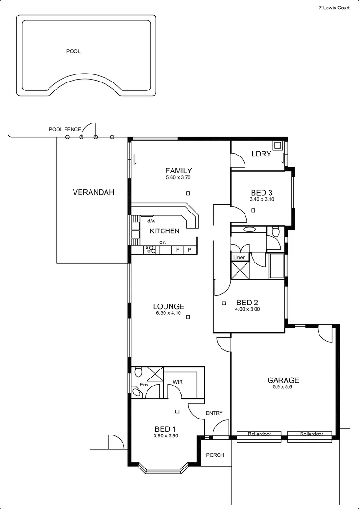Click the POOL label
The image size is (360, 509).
[73, 51]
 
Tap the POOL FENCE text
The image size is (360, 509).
[65, 129]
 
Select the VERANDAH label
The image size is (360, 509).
[93, 192]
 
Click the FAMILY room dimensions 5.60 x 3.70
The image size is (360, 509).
[178, 178]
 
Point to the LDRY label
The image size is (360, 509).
[261, 154]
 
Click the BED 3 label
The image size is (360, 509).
[262, 192]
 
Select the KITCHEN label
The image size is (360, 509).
[164, 231]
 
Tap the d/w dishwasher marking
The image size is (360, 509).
[151, 221]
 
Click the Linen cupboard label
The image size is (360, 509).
[239, 257]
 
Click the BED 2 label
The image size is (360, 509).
[247, 303]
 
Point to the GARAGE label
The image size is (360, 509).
[283, 380]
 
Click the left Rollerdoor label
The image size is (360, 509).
[259, 434]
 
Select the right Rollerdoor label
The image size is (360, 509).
[311, 434]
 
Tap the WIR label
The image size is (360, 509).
[178, 382]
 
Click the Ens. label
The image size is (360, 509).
[144, 385]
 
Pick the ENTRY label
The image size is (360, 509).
[214, 413]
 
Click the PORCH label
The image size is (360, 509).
[215, 455]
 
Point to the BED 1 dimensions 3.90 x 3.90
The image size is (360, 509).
[165, 436]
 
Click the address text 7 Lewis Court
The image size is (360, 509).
[334, 8]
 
